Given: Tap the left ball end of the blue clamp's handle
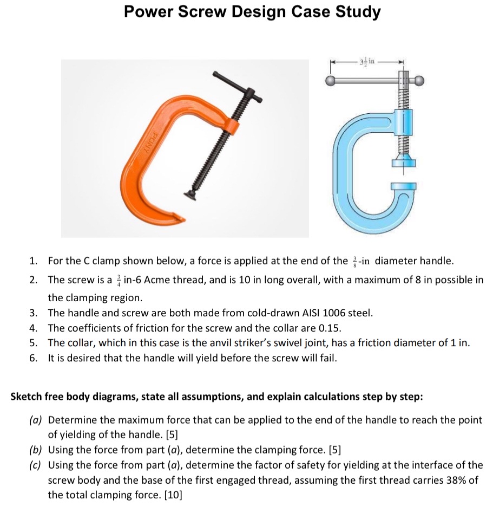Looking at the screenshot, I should [331, 81].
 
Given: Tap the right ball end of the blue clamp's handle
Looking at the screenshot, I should [419, 81].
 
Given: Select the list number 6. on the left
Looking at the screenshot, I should [34, 358].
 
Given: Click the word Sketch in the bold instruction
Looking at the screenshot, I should [26, 397].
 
